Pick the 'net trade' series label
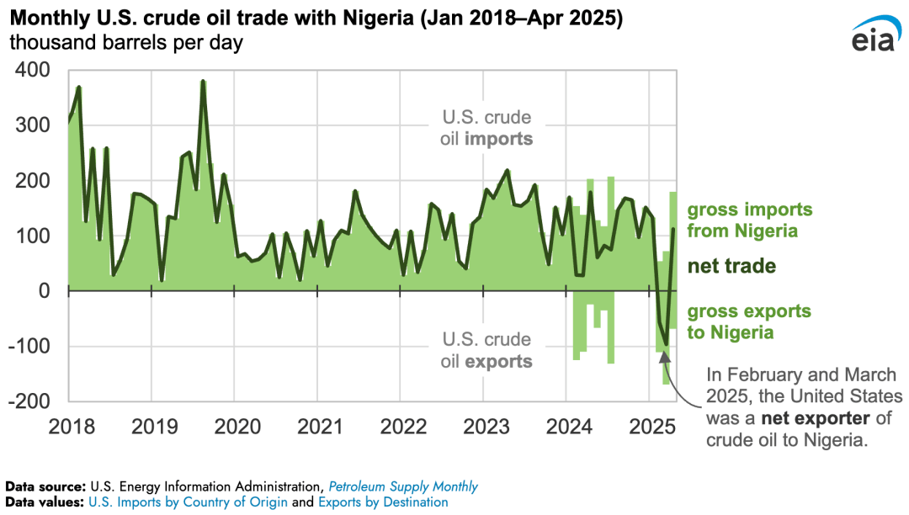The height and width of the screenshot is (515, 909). (x=731, y=267)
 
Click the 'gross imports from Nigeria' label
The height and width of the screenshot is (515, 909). (x=749, y=220)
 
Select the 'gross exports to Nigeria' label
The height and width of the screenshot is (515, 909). (x=749, y=321)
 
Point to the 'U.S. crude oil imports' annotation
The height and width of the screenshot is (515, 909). (x=488, y=129)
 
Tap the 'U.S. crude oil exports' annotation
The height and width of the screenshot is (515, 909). (x=488, y=351)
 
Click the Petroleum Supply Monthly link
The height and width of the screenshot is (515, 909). (x=403, y=486)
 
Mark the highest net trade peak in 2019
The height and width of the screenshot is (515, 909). (x=203, y=82)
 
